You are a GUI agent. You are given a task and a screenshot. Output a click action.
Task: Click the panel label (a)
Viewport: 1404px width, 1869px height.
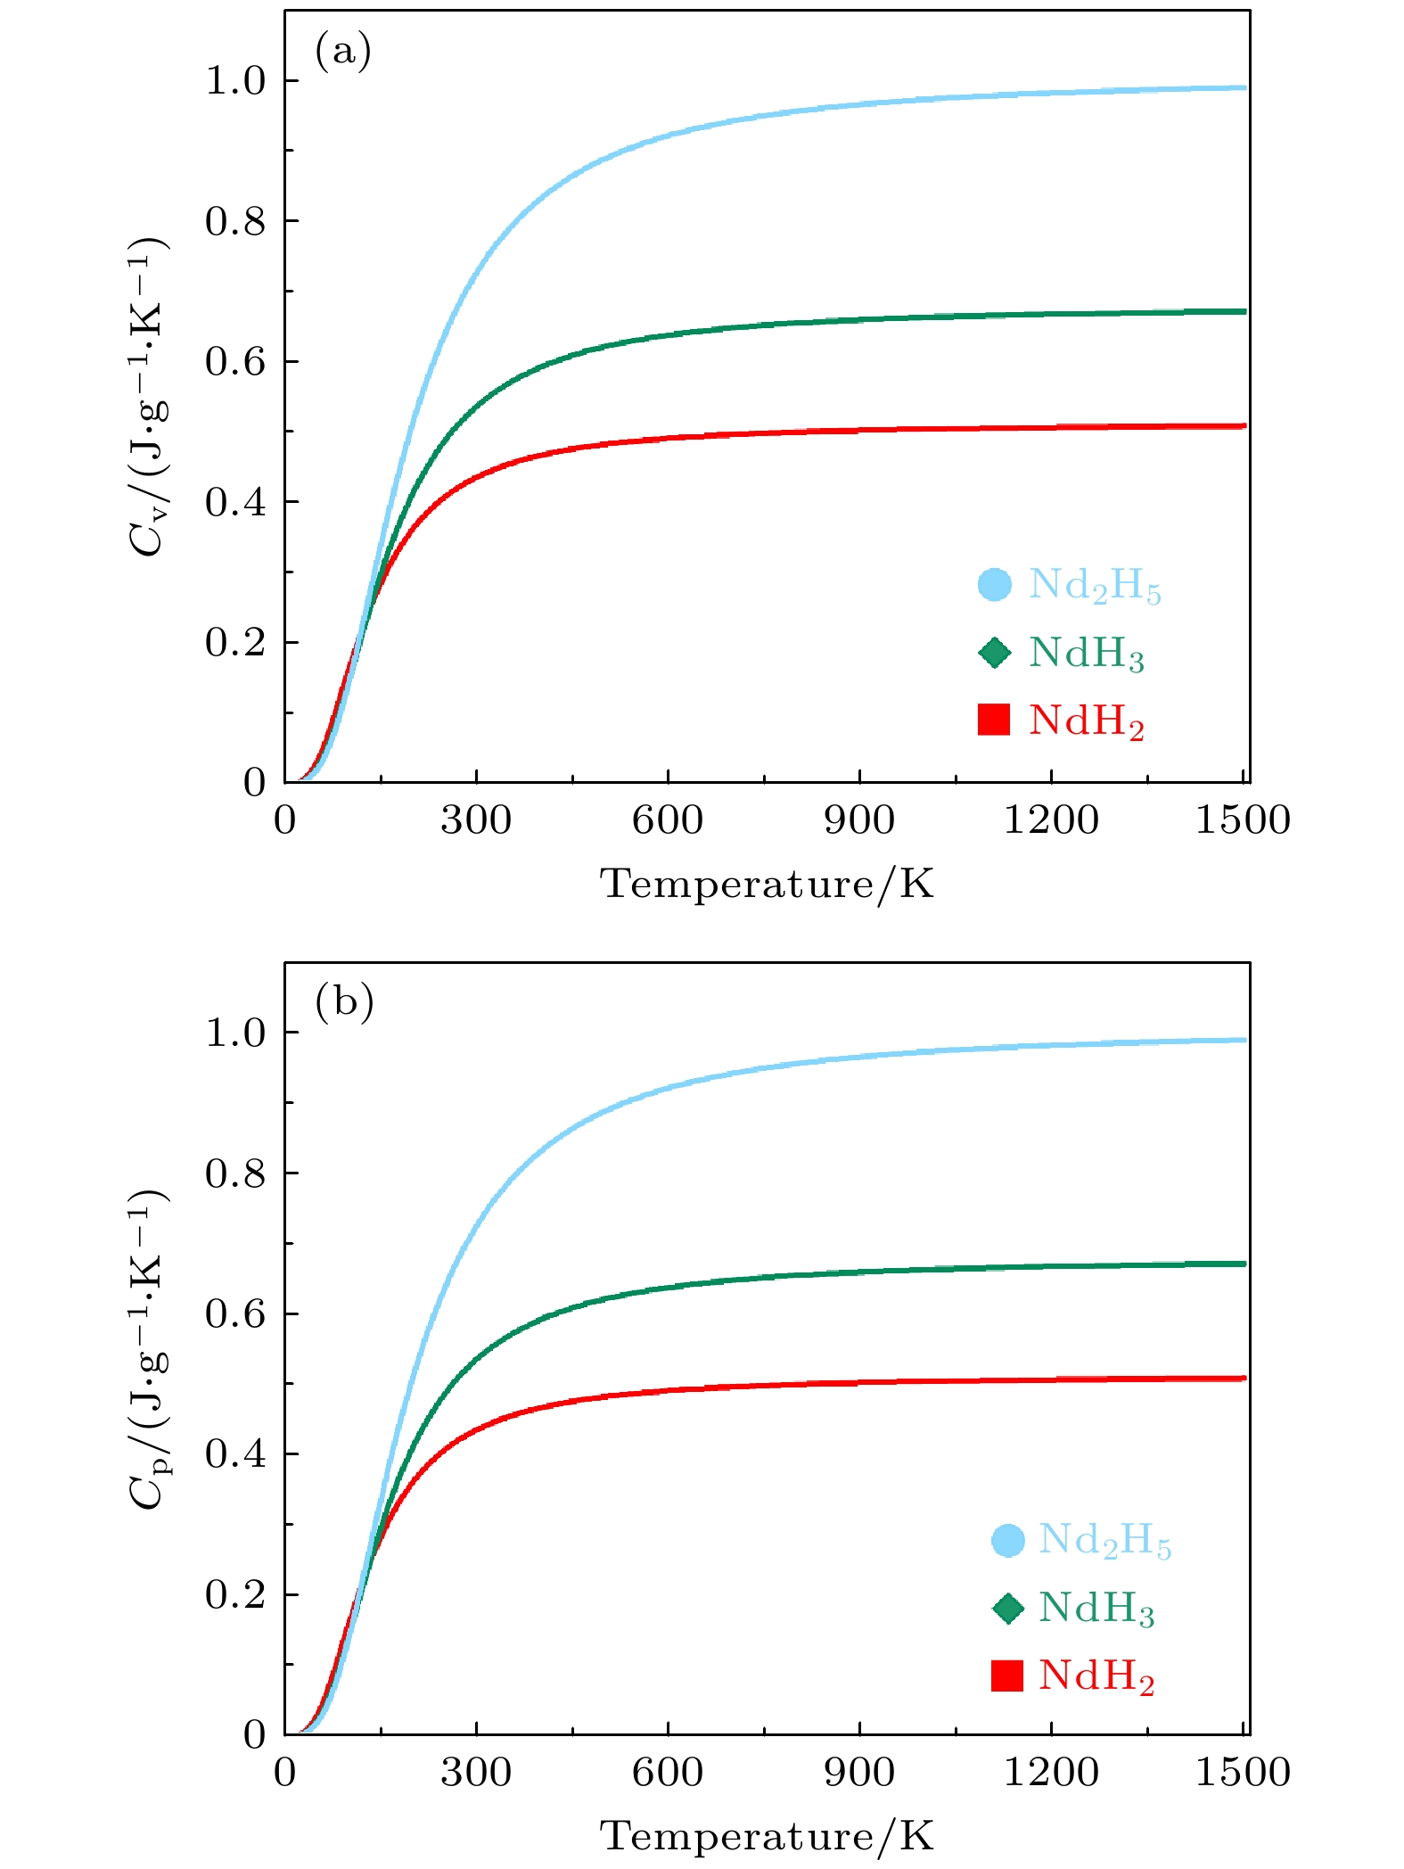click(343, 52)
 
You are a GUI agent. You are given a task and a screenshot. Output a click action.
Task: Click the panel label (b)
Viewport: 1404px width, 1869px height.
click(344, 1003)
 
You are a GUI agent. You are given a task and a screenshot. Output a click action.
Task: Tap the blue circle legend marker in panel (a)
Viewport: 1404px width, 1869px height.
click(994, 585)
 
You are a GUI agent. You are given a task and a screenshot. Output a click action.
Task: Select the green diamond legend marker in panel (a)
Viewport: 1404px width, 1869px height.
click(994, 653)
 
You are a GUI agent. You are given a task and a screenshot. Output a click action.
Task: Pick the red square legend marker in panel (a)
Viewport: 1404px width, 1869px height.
click(994, 720)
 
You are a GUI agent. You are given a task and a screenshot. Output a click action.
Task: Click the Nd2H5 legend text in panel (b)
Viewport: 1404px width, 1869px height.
click(1104, 1541)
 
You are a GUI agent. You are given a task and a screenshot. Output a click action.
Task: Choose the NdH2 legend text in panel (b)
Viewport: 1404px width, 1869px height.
click(1096, 1676)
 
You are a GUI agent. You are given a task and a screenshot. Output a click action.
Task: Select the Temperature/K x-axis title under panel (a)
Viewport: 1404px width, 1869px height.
click(768, 885)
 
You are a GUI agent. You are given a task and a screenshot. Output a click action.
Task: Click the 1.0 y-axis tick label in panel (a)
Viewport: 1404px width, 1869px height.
click(235, 81)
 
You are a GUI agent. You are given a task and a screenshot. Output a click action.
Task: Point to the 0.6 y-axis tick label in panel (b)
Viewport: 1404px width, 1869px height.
click(235, 1313)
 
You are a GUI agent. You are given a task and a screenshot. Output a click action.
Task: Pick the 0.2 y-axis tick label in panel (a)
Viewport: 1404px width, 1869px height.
click(235, 643)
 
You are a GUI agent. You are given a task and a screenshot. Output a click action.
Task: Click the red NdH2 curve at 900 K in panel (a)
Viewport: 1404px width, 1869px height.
click(859, 431)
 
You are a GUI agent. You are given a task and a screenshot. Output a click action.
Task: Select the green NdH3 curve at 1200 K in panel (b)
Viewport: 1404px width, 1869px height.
click(1051, 1266)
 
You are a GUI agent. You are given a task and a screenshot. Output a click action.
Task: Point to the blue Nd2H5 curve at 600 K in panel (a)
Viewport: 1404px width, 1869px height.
click(668, 136)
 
